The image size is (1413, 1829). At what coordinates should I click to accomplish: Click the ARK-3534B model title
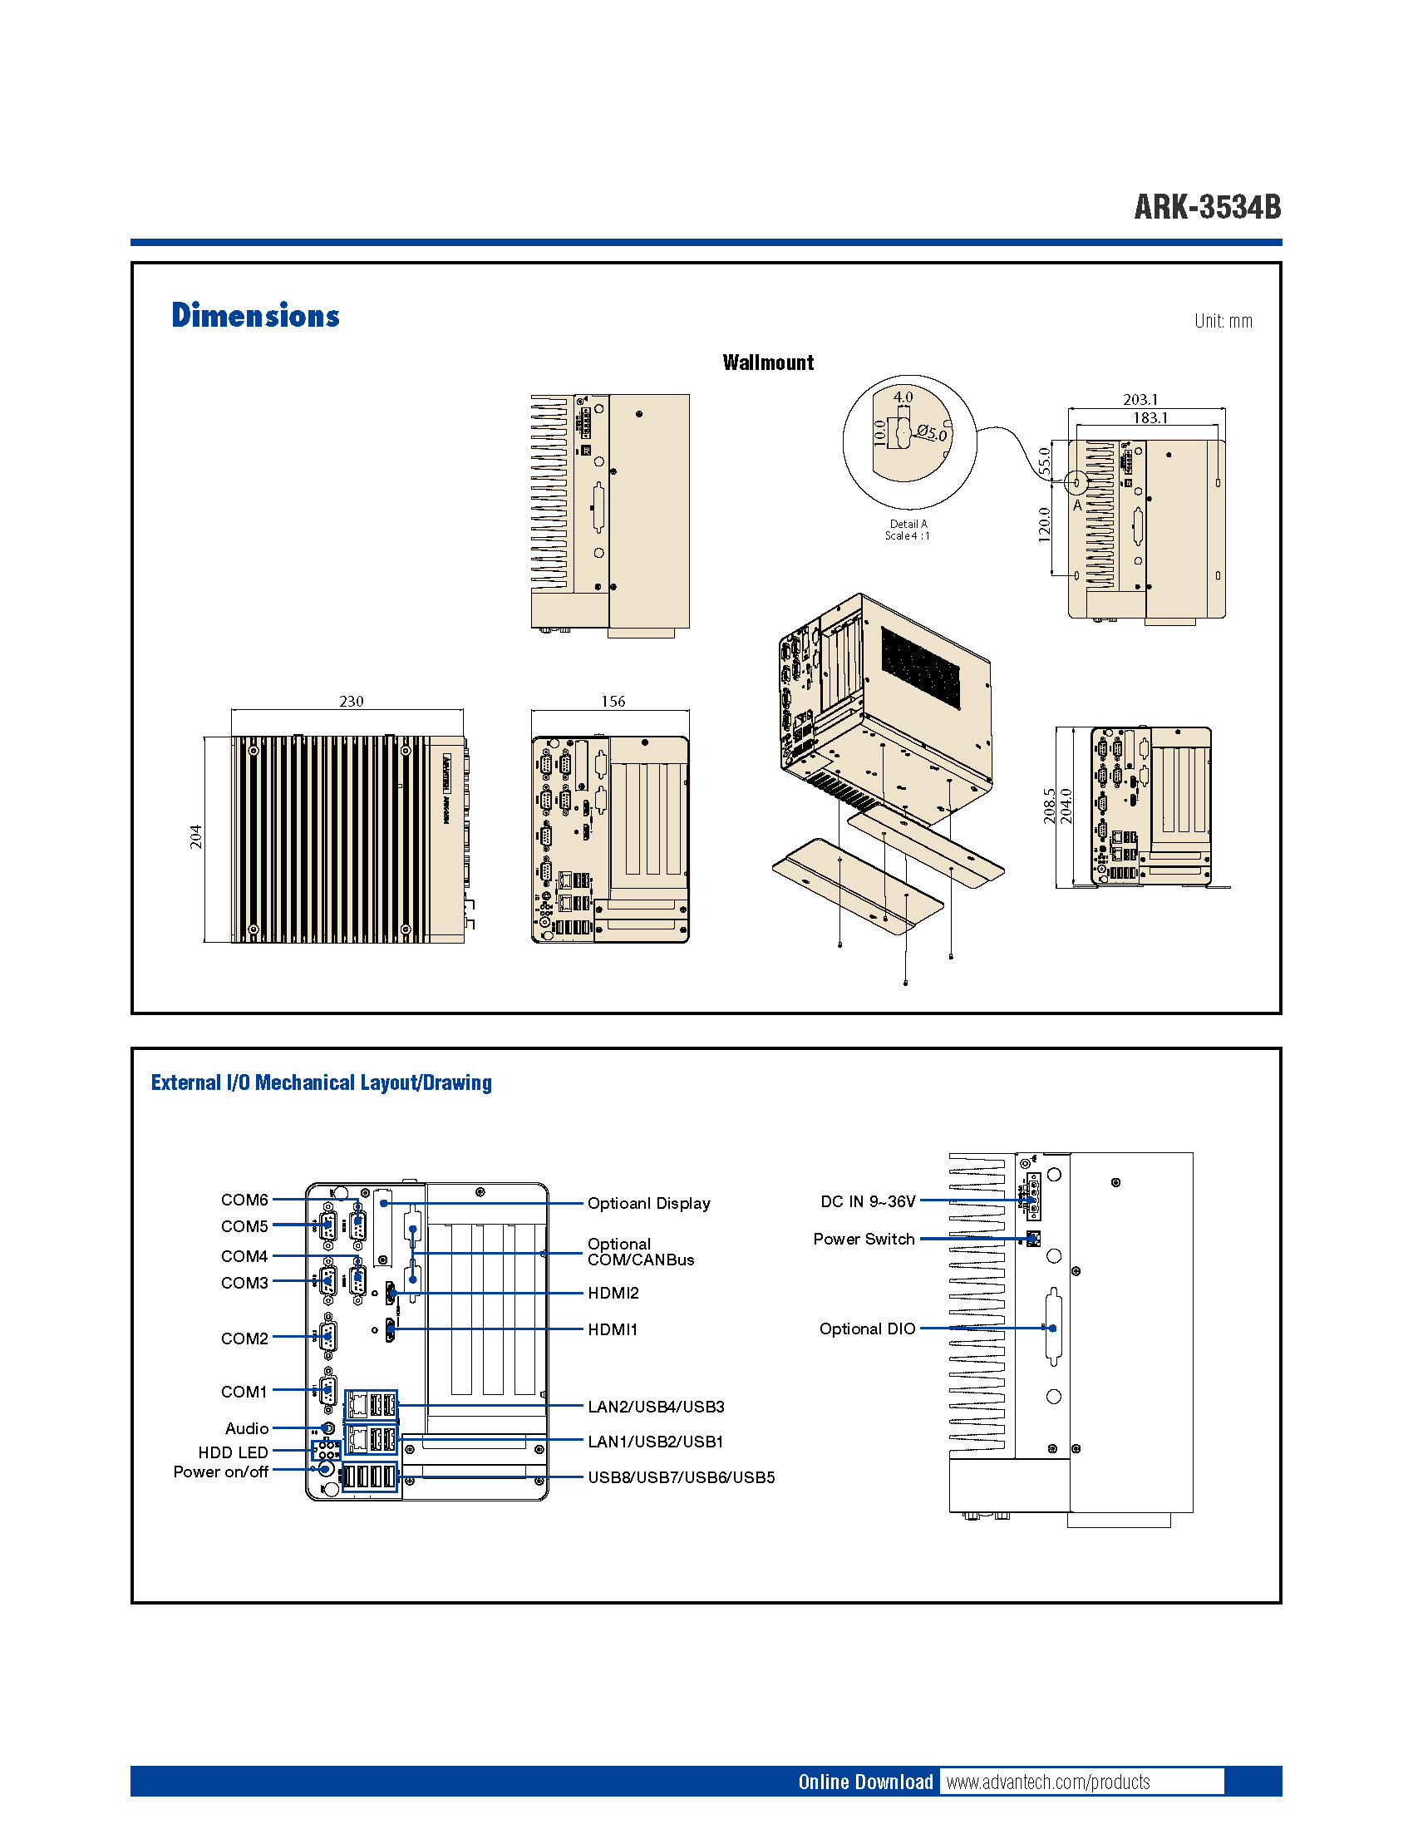1206,207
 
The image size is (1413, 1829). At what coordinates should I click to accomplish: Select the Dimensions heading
255,316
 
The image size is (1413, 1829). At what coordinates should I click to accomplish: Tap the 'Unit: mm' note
1222,321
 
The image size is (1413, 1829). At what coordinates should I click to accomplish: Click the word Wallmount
768,362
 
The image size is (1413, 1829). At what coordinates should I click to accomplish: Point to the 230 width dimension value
351,701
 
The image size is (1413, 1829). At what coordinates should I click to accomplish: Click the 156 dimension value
613,701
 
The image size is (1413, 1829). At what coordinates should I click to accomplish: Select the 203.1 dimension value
1140,399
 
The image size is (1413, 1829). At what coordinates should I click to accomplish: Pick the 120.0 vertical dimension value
1044,525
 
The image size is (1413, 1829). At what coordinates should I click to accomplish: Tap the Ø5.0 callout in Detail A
931,433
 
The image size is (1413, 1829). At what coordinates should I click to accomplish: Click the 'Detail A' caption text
908,525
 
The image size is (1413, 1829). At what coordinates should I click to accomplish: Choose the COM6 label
244,1199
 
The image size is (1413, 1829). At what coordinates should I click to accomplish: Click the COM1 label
244,1391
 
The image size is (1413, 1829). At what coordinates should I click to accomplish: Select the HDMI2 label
613,1293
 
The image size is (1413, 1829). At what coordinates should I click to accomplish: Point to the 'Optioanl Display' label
649,1204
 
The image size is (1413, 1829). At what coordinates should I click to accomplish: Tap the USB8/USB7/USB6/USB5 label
681,1477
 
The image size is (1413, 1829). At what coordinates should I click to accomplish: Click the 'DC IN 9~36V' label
867,1202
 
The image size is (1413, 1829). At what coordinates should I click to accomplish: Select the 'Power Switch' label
864,1239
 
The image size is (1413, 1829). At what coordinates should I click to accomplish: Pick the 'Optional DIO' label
867,1329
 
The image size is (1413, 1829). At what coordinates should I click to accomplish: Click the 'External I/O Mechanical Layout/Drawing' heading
322,1082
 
